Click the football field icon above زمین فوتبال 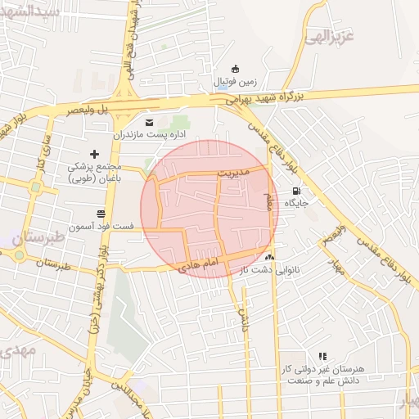(236, 69)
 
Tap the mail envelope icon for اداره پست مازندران (148, 122)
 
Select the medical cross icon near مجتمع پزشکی (94, 153)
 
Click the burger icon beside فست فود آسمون (101, 213)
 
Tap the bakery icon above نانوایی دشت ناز (269, 257)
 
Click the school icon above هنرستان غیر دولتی (322, 356)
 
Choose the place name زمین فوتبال (236, 82)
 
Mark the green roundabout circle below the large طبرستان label (18, 255)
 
